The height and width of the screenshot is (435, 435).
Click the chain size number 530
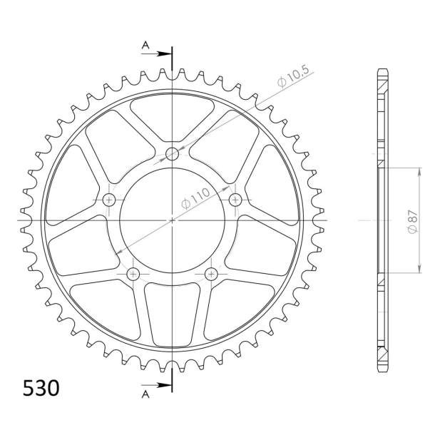click(x=41, y=389)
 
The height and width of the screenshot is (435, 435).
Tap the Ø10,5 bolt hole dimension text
click(x=292, y=76)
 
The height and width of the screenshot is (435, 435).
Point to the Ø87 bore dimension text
click(x=413, y=221)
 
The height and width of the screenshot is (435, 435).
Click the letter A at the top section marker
click(x=145, y=45)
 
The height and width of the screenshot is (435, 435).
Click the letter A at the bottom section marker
click(x=145, y=394)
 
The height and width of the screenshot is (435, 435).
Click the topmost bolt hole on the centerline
click(x=172, y=153)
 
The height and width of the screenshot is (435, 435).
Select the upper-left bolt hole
click(x=108, y=200)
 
